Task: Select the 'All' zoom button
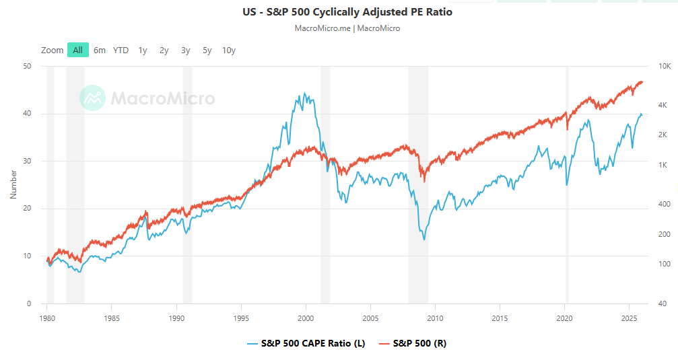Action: click(x=78, y=50)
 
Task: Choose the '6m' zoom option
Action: click(x=100, y=50)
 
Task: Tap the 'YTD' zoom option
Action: click(x=121, y=50)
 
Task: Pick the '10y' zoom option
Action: click(x=229, y=50)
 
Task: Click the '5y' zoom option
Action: click(x=207, y=50)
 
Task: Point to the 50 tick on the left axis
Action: click(x=27, y=66)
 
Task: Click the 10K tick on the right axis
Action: click(x=664, y=66)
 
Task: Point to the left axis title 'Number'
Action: click(x=13, y=184)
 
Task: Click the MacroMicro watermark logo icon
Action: click(x=92, y=98)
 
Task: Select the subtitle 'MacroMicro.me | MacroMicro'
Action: click(x=347, y=28)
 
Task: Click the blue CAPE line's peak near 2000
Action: click(x=305, y=94)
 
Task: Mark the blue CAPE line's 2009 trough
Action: click(x=424, y=239)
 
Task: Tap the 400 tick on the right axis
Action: click(x=665, y=204)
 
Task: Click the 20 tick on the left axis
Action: click(x=27, y=209)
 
